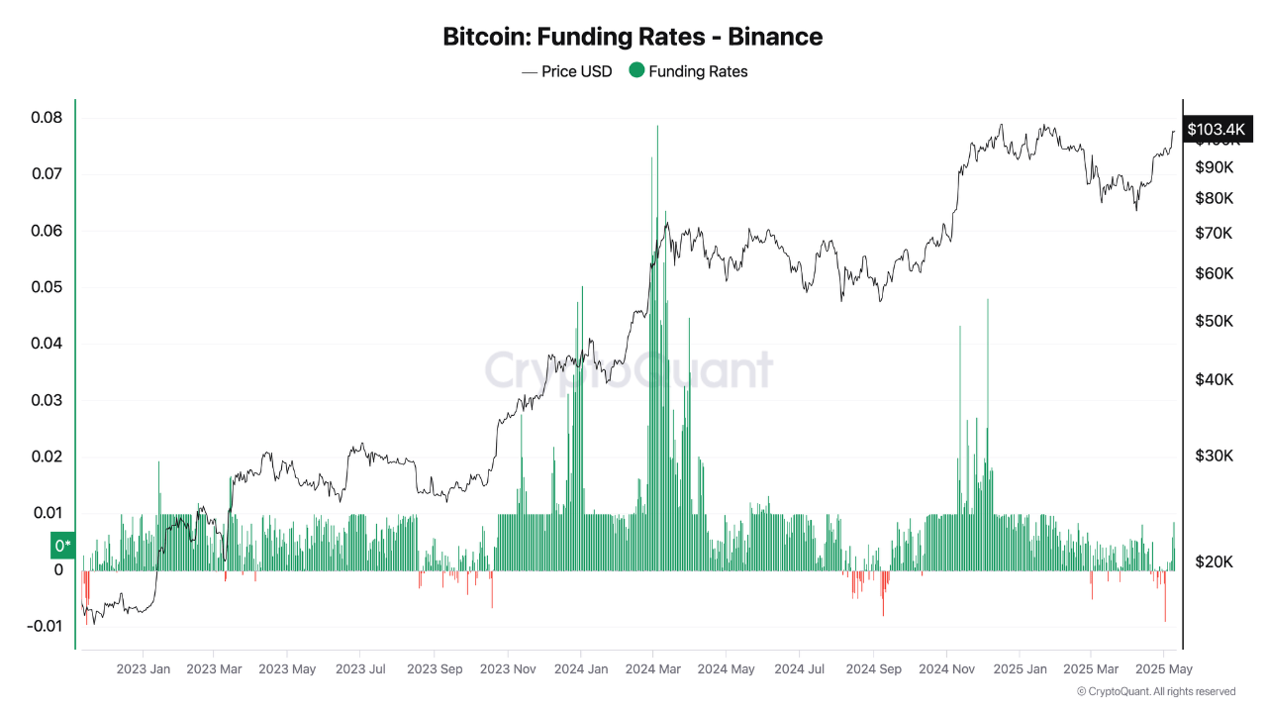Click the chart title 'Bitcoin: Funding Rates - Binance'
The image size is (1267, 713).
pos(633,37)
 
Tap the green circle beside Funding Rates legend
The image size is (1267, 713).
pos(636,70)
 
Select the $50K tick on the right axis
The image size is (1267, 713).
pos(1214,321)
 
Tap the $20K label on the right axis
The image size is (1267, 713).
pos(1214,561)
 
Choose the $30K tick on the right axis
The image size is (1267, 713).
pos(1214,456)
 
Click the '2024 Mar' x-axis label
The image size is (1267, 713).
pos(653,669)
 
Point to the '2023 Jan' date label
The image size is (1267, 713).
pos(143,669)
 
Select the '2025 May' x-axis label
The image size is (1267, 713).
pos(1164,669)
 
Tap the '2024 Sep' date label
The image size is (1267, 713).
pos(873,669)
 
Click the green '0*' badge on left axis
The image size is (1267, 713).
pos(62,546)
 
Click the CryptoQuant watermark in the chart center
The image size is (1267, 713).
pos(630,370)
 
